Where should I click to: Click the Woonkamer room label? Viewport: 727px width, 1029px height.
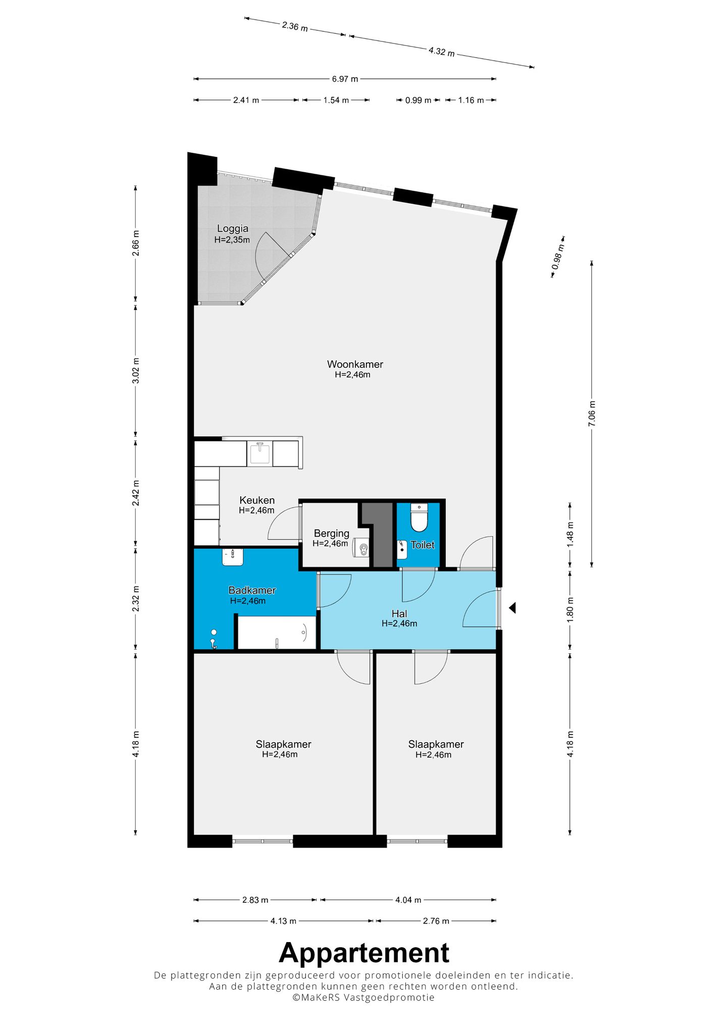click(x=355, y=364)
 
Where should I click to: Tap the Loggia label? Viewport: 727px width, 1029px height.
click(x=232, y=229)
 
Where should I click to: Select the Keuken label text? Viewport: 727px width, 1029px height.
click(x=257, y=500)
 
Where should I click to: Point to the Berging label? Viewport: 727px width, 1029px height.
click(x=331, y=533)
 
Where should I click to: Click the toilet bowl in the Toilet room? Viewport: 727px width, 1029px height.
click(x=419, y=517)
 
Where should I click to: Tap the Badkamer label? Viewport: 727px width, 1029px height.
click(x=252, y=590)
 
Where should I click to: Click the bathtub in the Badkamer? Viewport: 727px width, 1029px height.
click(x=277, y=632)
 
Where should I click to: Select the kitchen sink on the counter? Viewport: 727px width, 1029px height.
click(x=259, y=453)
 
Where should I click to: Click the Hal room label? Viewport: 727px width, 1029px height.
click(x=399, y=613)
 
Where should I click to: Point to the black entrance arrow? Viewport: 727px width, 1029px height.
click(x=512, y=608)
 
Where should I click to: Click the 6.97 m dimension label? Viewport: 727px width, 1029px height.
click(x=345, y=79)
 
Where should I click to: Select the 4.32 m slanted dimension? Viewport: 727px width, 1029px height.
click(x=441, y=51)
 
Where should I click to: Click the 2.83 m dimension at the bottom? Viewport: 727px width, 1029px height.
click(x=255, y=900)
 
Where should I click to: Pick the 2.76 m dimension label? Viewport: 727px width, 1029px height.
click(x=436, y=921)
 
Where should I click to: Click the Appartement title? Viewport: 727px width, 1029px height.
click(x=364, y=953)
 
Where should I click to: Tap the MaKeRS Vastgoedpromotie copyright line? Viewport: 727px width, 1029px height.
click(x=363, y=997)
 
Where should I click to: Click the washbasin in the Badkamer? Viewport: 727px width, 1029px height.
click(x=233, y=557)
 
